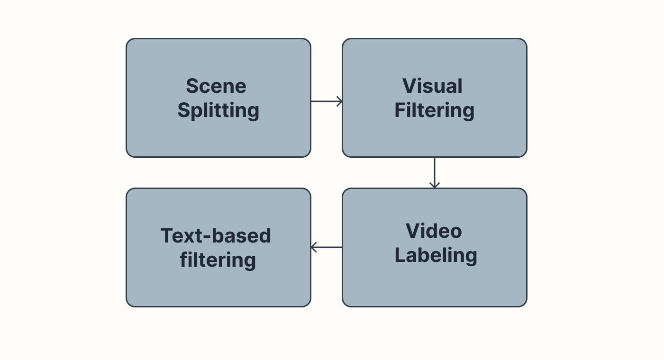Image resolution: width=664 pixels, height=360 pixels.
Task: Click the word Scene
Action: (216, 86)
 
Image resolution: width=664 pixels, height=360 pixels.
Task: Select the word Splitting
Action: (218, 111)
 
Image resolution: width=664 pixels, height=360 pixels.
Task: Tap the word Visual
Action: (432, 86)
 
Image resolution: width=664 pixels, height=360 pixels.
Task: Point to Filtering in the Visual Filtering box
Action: (434, 111)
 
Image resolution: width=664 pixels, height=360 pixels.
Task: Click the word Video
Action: (434, 231)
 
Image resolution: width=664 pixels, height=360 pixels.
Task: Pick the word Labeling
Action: (436, 256)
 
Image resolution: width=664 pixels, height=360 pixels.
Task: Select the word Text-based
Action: (216, 236)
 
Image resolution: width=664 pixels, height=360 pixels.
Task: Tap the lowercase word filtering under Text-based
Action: (218, 261)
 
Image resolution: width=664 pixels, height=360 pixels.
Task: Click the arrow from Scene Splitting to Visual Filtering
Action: (326, 101)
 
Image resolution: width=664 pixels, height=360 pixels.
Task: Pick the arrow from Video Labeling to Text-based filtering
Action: (326, 247)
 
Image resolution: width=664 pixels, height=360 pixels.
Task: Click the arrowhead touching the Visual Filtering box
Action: (339, 101)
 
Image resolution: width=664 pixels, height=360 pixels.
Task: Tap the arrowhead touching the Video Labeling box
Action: (434, 185)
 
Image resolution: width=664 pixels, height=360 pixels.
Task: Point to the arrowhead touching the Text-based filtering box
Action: (313, 247)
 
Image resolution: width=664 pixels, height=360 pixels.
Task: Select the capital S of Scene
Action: (192, 86)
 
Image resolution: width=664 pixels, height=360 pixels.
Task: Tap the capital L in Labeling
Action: (400, 256)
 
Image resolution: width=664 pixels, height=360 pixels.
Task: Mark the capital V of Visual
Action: (409, 86)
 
